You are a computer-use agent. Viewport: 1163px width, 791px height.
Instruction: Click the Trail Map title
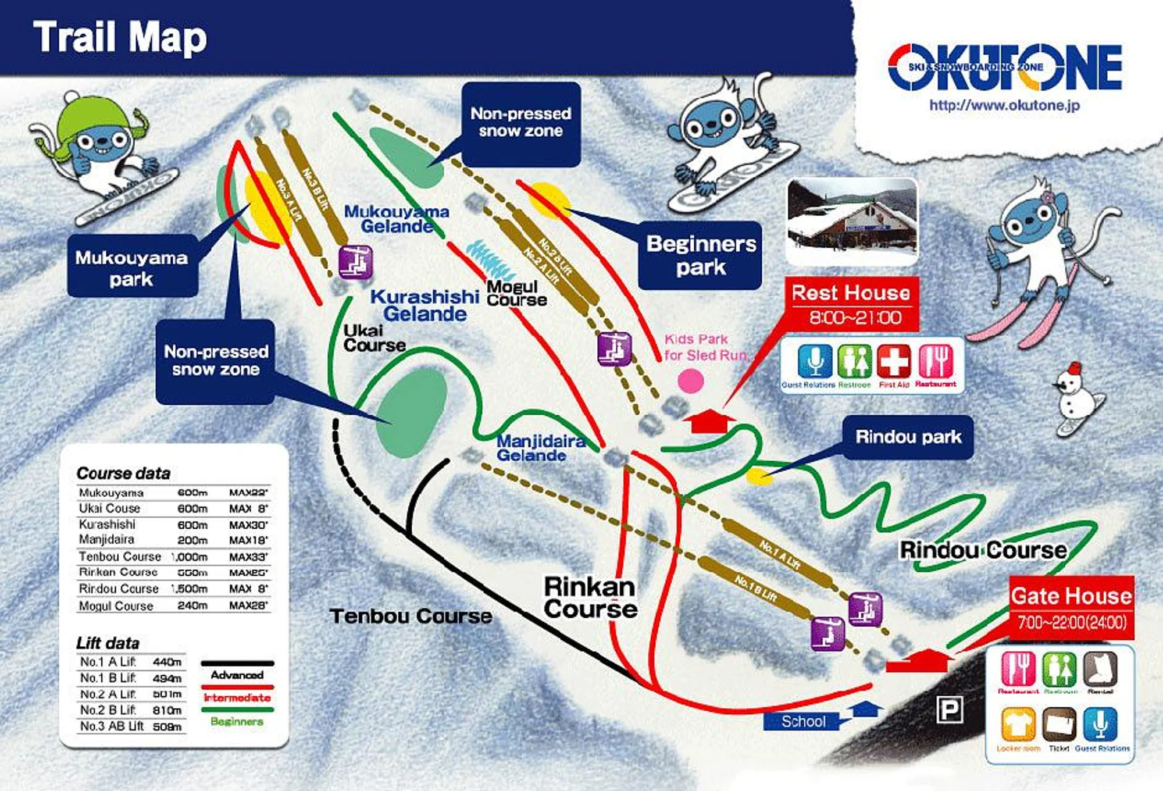[120, 37]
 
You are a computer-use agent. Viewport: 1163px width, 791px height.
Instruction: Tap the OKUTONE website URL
[1004, 105]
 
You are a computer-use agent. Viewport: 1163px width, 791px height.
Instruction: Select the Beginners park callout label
[701, 255]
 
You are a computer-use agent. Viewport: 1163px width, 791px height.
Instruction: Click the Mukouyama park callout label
[131, 268]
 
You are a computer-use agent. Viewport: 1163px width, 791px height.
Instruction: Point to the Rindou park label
[908, 437]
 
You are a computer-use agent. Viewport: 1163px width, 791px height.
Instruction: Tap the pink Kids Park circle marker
[690, 381]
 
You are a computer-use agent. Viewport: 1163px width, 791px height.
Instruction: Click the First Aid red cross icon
[894, 362]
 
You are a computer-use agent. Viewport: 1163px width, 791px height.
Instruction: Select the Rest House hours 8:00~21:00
[855, 318]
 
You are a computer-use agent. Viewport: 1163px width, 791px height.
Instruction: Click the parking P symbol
[949, 710]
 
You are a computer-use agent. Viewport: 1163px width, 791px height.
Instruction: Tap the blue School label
[803, 722]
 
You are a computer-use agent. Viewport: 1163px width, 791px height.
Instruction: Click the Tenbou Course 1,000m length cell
[190, 557]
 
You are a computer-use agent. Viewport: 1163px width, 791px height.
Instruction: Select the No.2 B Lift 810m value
[167, 710]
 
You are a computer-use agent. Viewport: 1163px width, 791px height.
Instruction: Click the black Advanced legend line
[237, 663]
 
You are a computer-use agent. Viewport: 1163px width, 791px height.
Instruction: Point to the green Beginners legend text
[237, 722]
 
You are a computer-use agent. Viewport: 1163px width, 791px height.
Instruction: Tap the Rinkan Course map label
[590, 598]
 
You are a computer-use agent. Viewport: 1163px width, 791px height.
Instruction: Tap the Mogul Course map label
[516, 293]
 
